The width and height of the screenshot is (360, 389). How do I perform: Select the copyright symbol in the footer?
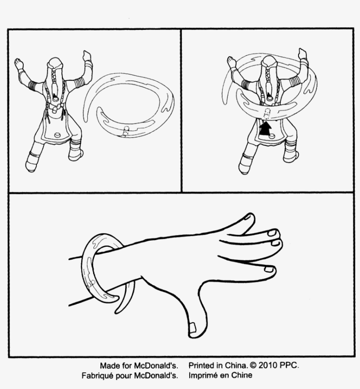253,365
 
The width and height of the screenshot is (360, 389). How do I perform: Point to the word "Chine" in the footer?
241,375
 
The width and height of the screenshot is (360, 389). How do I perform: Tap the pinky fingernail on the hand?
269,269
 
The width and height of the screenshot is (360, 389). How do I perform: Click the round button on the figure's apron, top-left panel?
58,135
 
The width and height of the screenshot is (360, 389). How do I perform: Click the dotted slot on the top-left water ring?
126,131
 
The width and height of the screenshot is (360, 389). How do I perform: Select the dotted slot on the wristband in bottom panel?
91,283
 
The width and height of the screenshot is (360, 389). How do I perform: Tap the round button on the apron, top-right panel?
272,136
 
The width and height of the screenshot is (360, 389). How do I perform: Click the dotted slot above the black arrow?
267,114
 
